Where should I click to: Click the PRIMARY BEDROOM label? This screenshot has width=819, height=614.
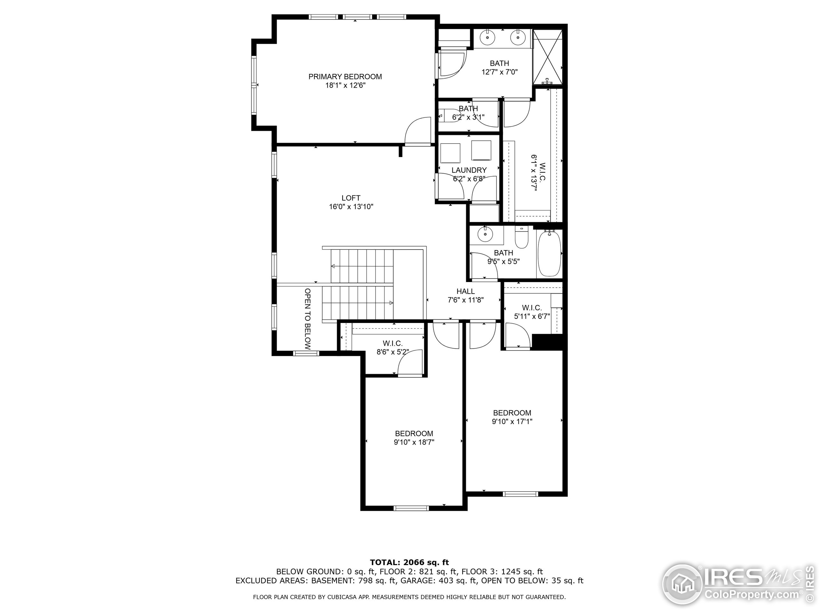coord(345,77)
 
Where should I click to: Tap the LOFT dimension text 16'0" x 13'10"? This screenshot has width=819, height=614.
coord(351,207)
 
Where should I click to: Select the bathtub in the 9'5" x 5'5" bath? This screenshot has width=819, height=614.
coord(549,253)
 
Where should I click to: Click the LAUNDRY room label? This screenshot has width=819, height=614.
coord(469,170)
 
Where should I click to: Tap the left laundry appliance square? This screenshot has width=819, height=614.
coord(450,153)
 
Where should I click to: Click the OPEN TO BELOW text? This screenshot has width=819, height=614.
coord(308,319)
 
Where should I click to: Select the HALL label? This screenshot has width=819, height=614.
coord(465,291)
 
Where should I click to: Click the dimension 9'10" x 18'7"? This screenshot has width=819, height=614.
coord(414,442)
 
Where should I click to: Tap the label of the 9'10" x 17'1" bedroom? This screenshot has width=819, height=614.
coord(512,413)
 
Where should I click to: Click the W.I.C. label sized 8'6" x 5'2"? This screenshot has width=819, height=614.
coord(393,343)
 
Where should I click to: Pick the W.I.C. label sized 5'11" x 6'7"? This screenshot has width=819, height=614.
coord(532,308)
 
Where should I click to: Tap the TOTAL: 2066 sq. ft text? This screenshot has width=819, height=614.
coord(409,563)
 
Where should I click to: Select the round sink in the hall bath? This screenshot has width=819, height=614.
coord(484,234)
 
